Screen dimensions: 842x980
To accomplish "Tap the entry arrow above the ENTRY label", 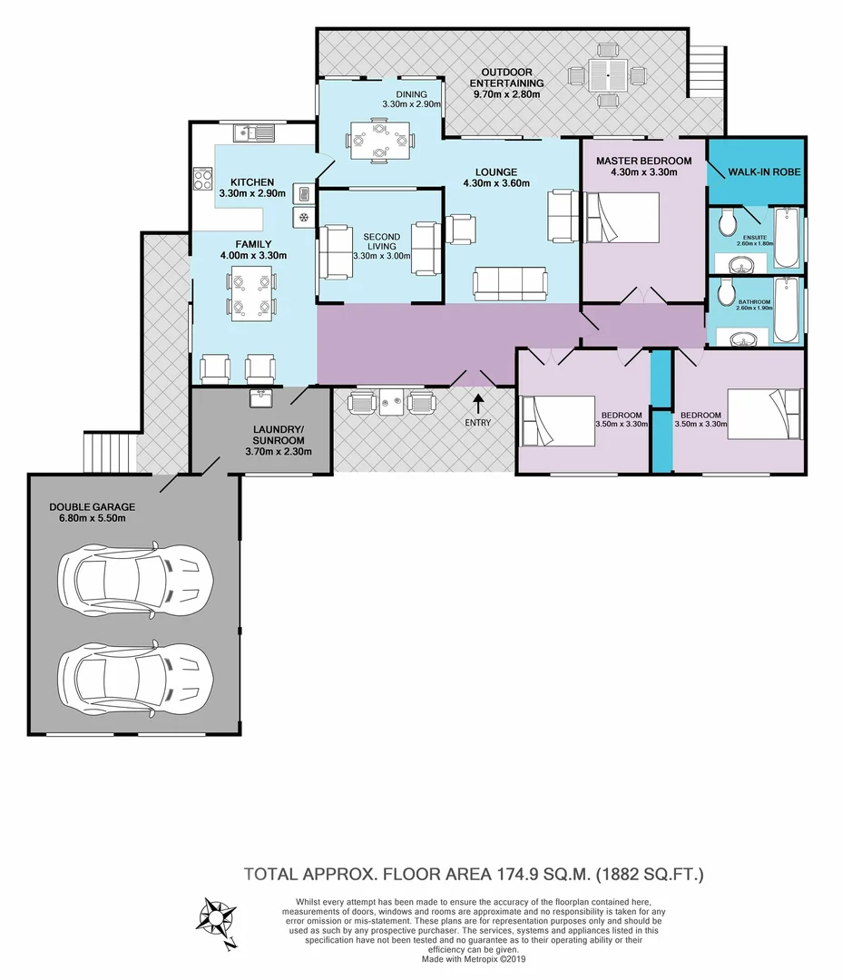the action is pos(478,404).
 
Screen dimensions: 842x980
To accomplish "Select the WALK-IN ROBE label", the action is pos(764,171).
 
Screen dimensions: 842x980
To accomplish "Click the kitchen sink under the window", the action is pos(254,133).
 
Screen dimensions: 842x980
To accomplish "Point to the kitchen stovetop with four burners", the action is pos(202,180).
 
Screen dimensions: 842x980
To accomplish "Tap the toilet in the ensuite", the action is pos(727,223).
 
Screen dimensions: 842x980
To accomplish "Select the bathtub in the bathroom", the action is pos(787,310).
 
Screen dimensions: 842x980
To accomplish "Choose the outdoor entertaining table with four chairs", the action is pos(606,75).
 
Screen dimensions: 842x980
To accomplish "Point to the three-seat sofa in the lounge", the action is pos(510,284).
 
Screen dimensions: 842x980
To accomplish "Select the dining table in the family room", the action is pos(253,294).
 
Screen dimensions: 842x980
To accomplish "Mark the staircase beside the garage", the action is pos(110,453).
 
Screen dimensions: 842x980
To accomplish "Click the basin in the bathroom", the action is pos(741,338).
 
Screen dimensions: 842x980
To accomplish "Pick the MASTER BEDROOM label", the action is pos(644,161).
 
